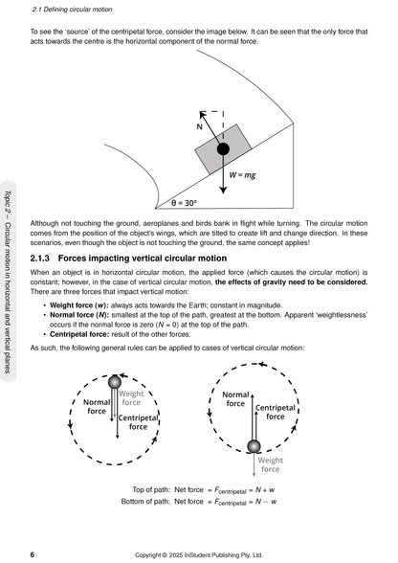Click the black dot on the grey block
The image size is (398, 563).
pyautogui.click(x=222, y=149)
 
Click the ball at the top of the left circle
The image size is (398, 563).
pyautogui.click(x=116, y=382)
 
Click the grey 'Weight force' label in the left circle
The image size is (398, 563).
pyautogui.click(x=131, y=397)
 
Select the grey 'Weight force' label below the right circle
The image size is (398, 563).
pyautogui.click(x=271, y=464)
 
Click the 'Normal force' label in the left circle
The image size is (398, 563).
pyautogui.click(x=97, y=408)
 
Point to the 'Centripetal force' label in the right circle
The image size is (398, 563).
pyautogui.click(x=275, y=413)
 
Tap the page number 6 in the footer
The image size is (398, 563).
pyautogui.click(x=33, y=553)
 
